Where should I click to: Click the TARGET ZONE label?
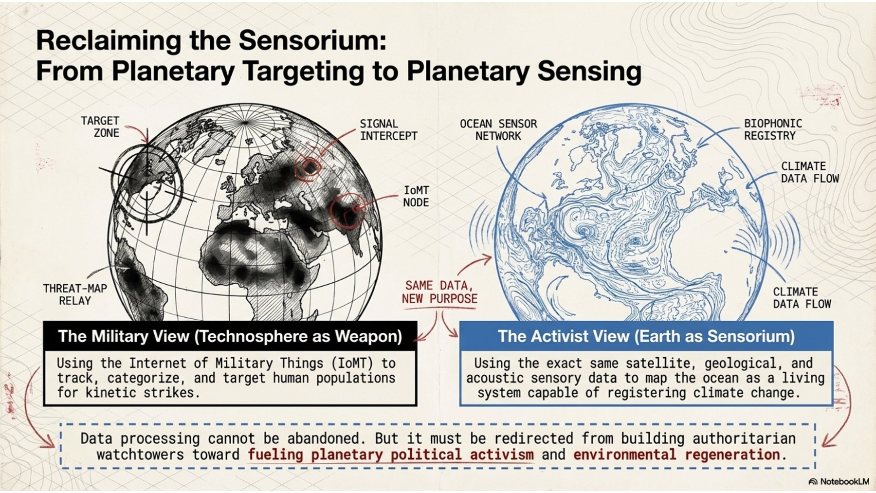click(100, 127)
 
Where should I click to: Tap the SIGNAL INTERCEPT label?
click(388, 130)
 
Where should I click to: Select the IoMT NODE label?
click(416, 196)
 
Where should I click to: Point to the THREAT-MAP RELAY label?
click(75, 294)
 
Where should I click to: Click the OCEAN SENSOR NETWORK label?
click(498, 130)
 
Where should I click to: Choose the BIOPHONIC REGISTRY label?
click(773, 129)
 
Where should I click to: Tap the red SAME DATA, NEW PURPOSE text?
click(439, 292)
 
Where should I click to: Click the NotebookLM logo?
click(839, 481)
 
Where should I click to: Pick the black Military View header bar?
click(230, 336)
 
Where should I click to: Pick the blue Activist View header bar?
click(646, 336)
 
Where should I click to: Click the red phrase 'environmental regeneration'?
click(677, 455)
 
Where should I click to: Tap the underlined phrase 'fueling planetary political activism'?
click(390, 455)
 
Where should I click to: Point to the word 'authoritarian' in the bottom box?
click(744, 438)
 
